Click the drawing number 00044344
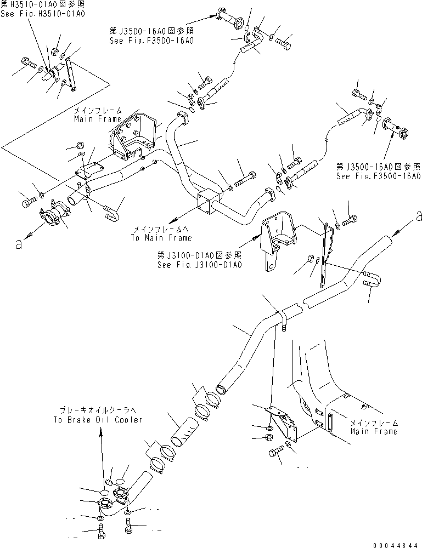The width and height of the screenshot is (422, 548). pyautogui.click(x=395, y=544)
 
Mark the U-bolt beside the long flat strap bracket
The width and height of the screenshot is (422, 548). pyautogui.click(x=371, y=279)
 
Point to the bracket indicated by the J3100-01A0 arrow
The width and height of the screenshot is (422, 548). pyautogui.click(x=278, y=235)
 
